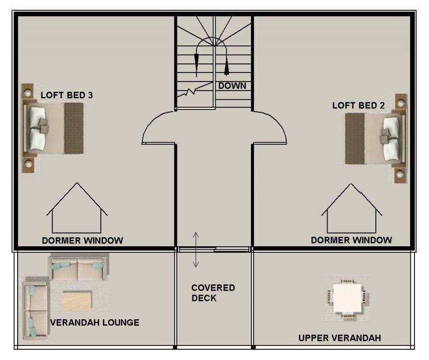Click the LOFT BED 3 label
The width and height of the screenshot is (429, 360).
click(66, 95)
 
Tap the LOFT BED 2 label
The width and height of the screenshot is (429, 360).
click(358, 105)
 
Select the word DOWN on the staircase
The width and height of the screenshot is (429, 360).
click(232, 86)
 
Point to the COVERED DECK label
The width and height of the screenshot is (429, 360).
click(213, 292)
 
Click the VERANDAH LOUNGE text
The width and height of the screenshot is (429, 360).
click(95, 322)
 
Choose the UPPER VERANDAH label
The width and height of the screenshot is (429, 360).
click(339, 338)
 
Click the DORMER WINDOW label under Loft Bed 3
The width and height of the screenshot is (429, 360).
click(83, 240)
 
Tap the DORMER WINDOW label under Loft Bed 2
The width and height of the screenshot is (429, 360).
click(351, 240)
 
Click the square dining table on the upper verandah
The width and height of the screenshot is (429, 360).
click(347, 298)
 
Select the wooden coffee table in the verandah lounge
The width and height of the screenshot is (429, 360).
click(77, 301)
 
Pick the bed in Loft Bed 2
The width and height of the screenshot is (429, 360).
click(375, 138)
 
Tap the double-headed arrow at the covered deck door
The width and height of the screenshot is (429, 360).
click(196, 249)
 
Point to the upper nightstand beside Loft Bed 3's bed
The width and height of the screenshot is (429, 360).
click(27, 92)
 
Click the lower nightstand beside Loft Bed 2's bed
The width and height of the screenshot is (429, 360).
click(400, 174)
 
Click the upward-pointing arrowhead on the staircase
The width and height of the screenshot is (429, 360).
click(226, 68)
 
